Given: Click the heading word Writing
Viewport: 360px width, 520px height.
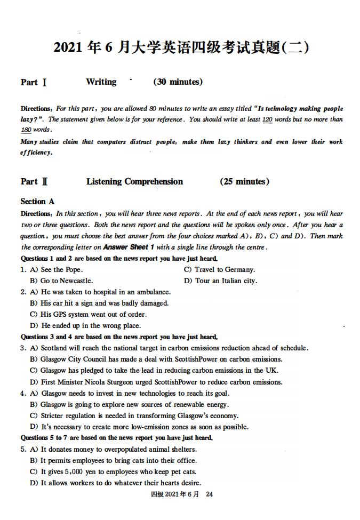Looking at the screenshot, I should (101, 82).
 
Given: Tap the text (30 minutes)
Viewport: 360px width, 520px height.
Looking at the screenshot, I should (178, 82).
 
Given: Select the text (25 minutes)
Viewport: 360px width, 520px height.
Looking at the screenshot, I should (244, 182).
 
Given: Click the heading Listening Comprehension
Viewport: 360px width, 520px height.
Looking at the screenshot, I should (134, 182).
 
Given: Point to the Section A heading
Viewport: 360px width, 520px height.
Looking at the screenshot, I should (37, 202).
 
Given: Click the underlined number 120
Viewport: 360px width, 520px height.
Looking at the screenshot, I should (267, 119).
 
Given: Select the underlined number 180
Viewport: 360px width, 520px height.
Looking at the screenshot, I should (26, 130).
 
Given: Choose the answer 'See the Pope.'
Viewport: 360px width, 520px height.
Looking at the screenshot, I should (61, 269).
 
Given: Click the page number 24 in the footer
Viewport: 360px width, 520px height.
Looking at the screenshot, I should (209, 494).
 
